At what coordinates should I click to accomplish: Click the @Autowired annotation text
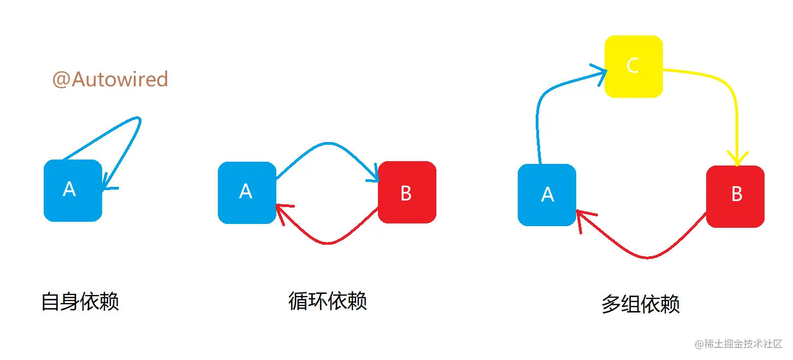click(110, 80)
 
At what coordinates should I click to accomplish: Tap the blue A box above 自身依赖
click(73, 190)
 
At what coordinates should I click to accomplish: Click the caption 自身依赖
click(80, 302)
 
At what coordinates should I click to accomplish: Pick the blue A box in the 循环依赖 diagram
click(247, 192)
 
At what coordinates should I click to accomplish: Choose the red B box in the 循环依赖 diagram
click(407, 192)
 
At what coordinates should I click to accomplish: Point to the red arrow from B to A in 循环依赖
click(328, 243)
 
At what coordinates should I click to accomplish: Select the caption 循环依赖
click(328, 300)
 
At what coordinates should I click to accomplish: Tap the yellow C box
click(634, 67)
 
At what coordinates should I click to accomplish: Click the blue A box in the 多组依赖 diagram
click(547, 194)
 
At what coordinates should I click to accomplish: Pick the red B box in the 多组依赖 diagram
click(735, 196)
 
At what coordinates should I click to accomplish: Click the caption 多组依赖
click(641, 304)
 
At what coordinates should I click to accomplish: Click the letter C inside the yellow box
click(632, 66)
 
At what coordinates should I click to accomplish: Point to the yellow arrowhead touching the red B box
click(737, 159)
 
